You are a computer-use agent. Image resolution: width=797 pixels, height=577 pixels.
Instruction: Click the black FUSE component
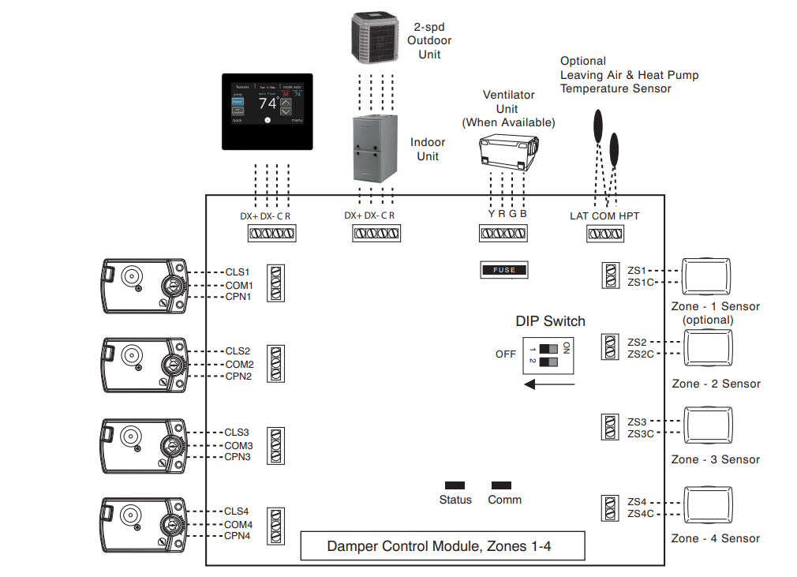point(503,270)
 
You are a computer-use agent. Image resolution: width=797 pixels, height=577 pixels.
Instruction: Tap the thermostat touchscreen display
point(266,111)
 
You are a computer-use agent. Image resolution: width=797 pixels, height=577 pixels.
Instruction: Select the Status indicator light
point(455,485)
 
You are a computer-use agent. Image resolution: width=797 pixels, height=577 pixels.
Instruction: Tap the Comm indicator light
point(501,485)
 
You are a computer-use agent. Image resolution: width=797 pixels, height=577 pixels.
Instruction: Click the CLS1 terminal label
point(238,272)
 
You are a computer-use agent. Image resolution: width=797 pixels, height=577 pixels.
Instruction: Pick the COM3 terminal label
point(239,445)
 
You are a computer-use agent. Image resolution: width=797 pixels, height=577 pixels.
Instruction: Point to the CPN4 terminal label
point(238,536)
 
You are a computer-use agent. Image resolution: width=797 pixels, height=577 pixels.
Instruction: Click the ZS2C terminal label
point(642,354)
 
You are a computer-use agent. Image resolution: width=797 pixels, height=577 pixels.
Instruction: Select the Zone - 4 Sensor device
point(709,508)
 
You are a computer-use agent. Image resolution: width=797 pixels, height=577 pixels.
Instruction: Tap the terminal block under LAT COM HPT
point(604,234)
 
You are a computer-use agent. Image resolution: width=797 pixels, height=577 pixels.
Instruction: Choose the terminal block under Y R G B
point(503,234)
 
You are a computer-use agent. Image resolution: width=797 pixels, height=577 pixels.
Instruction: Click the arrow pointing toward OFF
point(549,384)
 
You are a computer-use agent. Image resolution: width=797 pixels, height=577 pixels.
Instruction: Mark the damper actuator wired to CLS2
point(144,365)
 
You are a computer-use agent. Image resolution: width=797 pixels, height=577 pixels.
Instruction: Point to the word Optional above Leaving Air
point(583,61)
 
